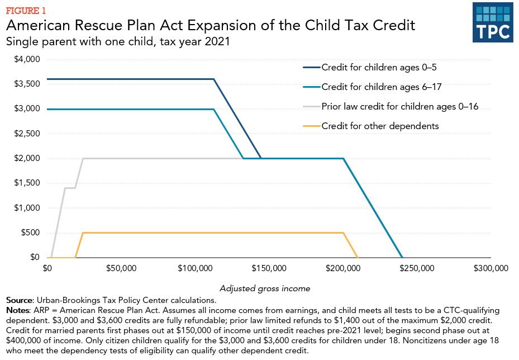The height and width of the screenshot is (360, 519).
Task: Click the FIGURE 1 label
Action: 26,10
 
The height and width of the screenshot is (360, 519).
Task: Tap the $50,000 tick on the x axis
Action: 121,268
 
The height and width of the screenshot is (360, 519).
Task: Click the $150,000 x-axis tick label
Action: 269,268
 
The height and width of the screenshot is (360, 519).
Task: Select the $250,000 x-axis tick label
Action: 417,268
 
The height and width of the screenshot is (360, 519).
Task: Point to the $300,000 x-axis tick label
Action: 490,268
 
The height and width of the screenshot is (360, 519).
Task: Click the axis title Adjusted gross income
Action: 265,288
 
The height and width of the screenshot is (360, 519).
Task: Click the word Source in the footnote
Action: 20,300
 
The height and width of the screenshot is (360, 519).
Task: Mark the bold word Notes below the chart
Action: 18,310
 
